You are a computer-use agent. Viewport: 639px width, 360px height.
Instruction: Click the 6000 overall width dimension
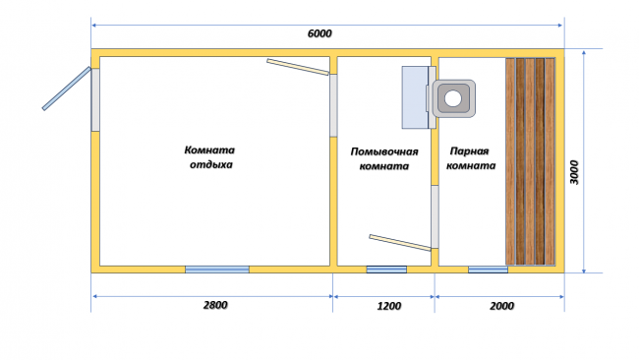click(319, 33)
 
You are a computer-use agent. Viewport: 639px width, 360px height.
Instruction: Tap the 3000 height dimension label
click(574, 172)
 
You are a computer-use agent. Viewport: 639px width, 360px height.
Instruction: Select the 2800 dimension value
click(215, 305)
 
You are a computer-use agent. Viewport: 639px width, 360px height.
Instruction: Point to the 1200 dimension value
click(388, 306)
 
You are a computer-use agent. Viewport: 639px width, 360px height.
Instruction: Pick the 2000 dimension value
click(501, 306)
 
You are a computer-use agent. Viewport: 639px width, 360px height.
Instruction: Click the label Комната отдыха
click(209, 157)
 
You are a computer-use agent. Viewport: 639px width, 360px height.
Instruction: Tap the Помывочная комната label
click(384, 158)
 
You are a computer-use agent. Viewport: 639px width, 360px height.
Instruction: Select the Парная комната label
click(471, 158)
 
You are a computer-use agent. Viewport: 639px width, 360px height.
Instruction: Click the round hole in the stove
click(453, 98)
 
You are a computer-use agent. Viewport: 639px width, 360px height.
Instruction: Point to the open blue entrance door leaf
click(67, 89)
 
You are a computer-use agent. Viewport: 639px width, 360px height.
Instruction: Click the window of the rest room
click(217, 270)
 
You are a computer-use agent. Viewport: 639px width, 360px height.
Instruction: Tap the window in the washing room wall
click(386, 270)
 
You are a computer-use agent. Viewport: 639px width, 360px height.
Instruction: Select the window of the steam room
click(488, 270)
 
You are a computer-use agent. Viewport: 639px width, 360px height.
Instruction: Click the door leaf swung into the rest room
click(298, 67)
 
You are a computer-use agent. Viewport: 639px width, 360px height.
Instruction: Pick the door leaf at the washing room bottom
click(400, 243)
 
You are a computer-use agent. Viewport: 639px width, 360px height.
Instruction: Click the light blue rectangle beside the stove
click(415, 97)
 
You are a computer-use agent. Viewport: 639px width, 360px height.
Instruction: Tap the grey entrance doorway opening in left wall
click(95, 100)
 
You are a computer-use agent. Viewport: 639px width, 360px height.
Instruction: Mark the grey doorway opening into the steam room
click(435, 216)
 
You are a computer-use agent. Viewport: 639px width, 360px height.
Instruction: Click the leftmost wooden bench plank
click(510, 161)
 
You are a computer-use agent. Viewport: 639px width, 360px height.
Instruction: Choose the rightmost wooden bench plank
click(550, 161)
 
